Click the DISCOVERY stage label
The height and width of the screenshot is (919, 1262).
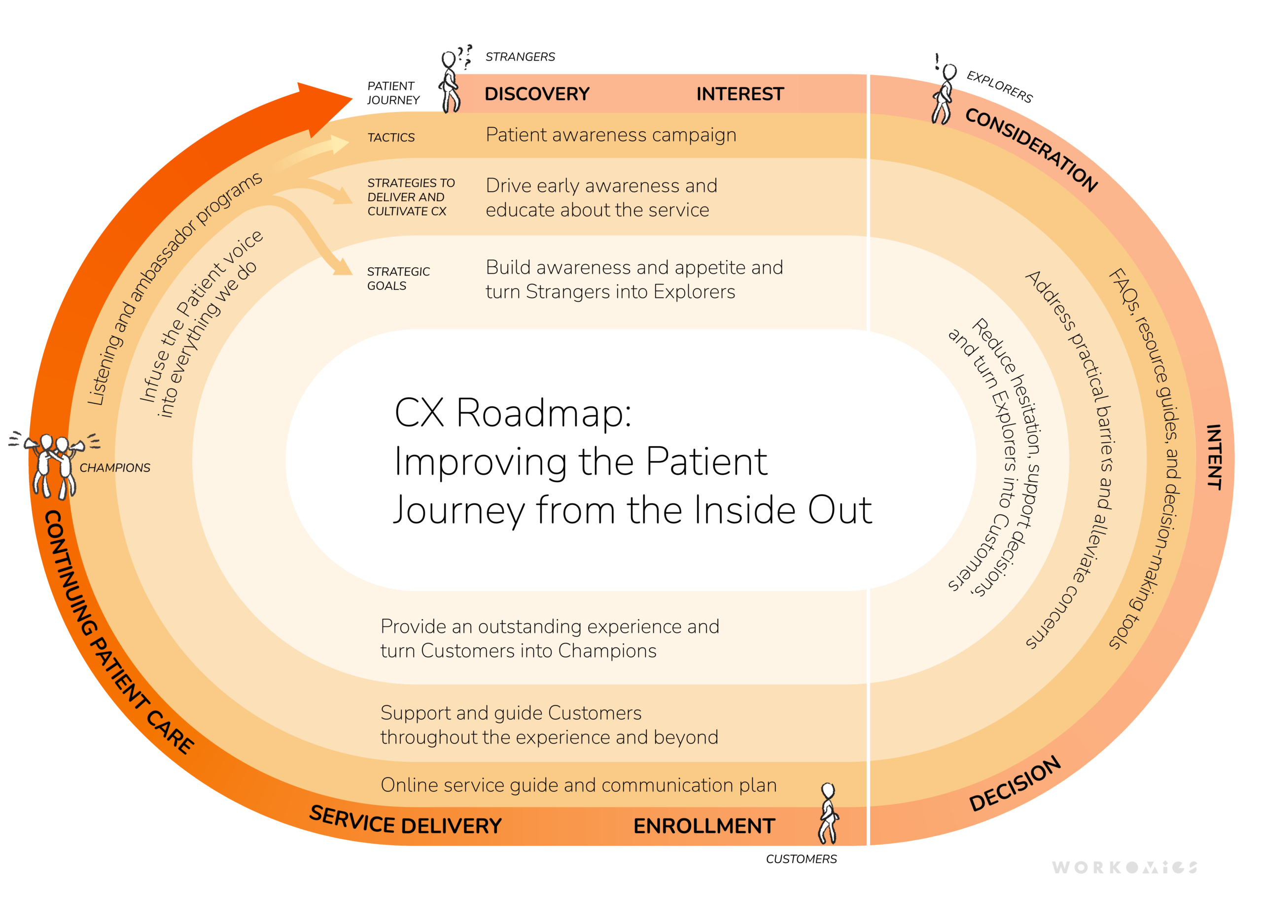point(536,94)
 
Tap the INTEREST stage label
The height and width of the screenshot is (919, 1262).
point(739,94)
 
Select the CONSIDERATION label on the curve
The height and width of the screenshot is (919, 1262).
point(1031,149)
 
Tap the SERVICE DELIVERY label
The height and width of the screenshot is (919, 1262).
point(405,821)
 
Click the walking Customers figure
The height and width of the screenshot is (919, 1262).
point(828,813)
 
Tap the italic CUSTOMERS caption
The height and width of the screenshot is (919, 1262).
point(801,859)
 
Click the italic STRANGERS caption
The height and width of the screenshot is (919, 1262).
point(520,57)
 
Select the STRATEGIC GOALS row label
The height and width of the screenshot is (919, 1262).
point(397,279)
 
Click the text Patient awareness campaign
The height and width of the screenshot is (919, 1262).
point(610,135)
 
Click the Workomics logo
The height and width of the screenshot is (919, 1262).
point(1124,867)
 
